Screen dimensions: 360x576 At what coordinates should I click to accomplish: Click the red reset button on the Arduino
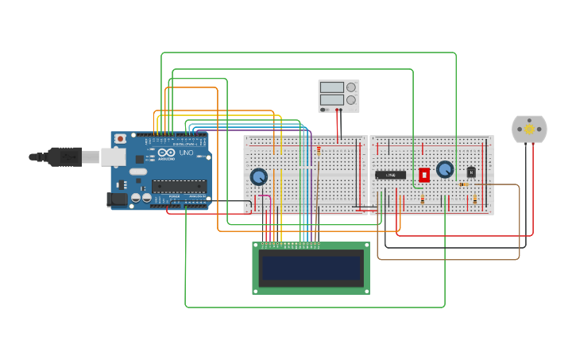click(120, 138)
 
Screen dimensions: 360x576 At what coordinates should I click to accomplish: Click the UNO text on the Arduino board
click(187, 153)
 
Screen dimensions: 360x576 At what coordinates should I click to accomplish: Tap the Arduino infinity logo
click(166, 153)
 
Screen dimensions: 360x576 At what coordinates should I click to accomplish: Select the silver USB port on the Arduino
click(111, 157)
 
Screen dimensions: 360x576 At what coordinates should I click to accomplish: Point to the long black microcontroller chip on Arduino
click(179, 186)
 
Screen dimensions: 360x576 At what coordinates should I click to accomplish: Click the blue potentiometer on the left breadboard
click(258, 176)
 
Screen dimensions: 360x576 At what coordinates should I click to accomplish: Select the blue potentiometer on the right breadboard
click(444, 169)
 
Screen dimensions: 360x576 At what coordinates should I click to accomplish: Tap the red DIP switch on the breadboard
click(424, 174)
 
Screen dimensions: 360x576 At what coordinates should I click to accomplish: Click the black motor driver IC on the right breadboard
click(390, 175)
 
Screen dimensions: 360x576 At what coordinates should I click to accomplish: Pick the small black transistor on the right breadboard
click(471, 172)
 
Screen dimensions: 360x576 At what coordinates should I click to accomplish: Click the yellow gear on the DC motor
click(529, 129)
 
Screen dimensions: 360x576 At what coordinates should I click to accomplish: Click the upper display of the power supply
click(332, 87)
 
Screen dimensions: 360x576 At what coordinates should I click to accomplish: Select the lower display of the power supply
click(332, 100)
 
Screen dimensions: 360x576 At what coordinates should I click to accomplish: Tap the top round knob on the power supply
click(350, 87)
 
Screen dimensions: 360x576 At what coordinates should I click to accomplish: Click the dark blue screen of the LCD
click(311, 267)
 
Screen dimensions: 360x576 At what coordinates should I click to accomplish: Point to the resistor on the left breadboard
click(319, 149)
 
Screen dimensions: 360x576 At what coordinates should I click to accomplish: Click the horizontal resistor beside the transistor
click(463, 184)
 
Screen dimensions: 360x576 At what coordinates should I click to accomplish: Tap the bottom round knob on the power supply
click(350, 100)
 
